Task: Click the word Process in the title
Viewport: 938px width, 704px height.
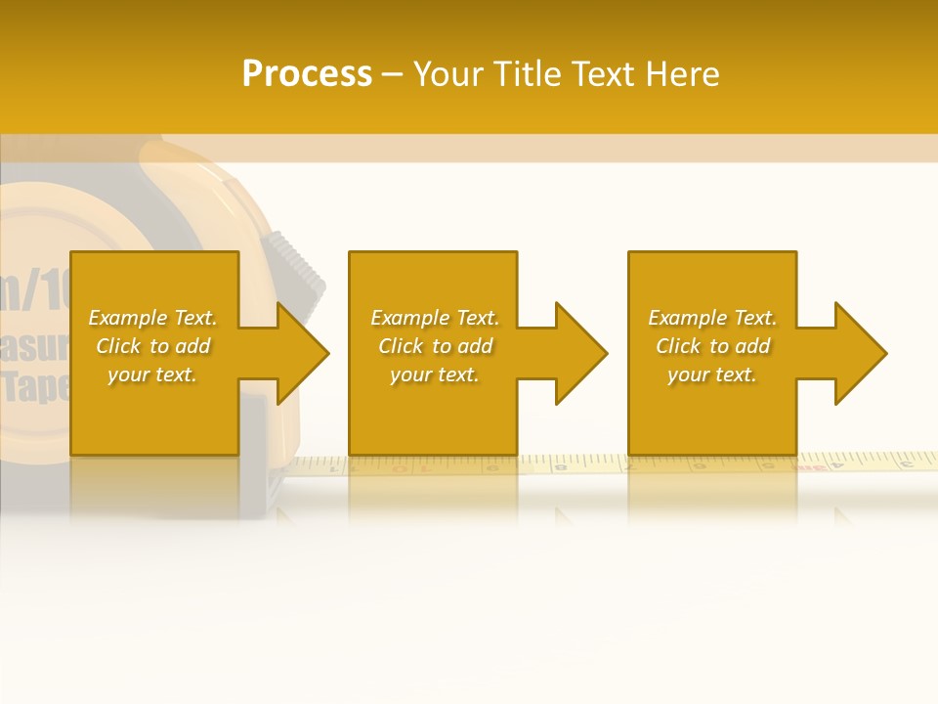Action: pos(307,74)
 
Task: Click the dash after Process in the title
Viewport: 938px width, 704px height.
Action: pos(392,75)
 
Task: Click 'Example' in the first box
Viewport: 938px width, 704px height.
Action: pos(128,318)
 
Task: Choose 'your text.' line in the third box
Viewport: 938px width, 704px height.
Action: pos(711,374)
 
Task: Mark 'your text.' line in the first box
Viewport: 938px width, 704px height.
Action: pos(152,374)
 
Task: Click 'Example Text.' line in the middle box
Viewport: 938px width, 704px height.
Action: pos(435,318)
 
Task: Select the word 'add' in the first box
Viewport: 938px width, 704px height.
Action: pos(193,346)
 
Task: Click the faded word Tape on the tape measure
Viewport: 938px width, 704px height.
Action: pos(37,387)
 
